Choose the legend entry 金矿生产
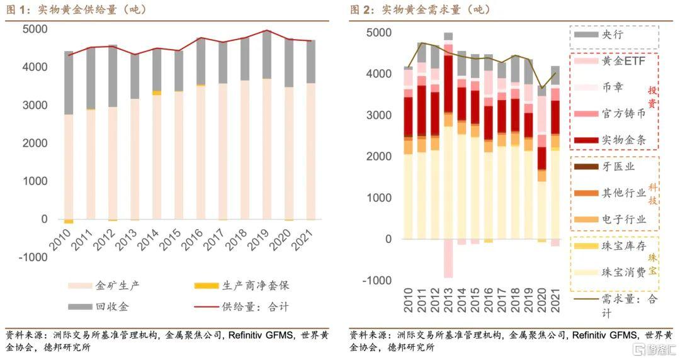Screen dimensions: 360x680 (104, 286)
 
